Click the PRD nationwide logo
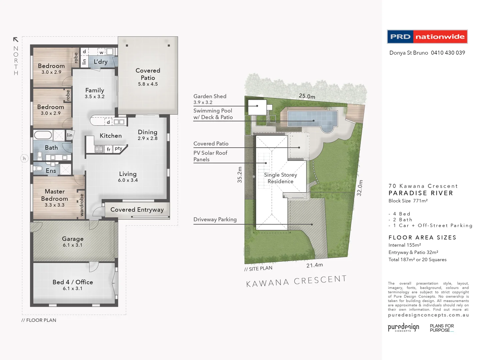pyautogui.click(x=427, y=37)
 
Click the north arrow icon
pyautogui.click(x=15, y=40)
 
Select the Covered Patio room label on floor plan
pyautogui.click(x=148, y=74)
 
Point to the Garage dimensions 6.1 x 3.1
pyautogui.click(x=72, y=245)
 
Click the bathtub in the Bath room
pyautogui.click(x=43, y=135)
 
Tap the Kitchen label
pyautogui.click(x=111, y=136)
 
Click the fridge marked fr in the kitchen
pyautogui.click(x=108, y=149)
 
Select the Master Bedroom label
pyautogui.click(x=55, y=195)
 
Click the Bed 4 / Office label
pyautogui.click(x=73, y=282)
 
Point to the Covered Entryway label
pyautogui.click(x=137, y=210)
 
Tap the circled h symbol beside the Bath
pyautogui.click(x=24, y=159)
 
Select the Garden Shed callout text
pyautogui.click(x=210, y=96)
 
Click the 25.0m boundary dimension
pyautogui.click(x=307, y=96)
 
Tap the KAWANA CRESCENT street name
pyautogui.click(x=296, y=281)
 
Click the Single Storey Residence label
pyautogui.click(x=280, y=178)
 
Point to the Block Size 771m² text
pyautogui.click(x=408, y=201)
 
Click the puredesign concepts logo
pyautogui.click(x=403, y=327)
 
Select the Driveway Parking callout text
pyautogui.click(x=215, y=219)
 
